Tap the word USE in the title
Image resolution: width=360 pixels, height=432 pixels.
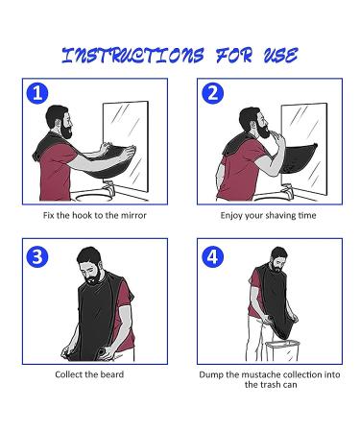pyautogui.click(x=276, y=55)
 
